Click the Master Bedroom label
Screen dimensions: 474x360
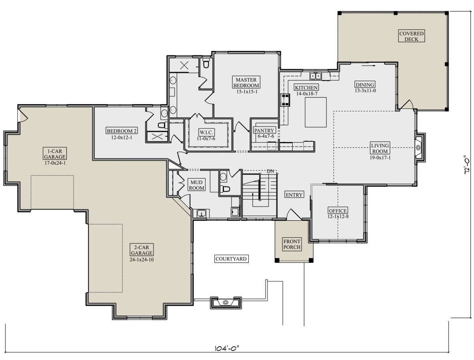pos(246,82)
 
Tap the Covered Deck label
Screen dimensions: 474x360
pos(411,36)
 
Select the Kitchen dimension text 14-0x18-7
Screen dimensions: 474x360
pos(306,94)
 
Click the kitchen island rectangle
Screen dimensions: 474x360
pos(316,112)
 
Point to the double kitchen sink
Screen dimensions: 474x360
pos(316,76)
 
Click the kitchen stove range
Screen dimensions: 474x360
pos(285,99)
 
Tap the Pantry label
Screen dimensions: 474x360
pos(264,130)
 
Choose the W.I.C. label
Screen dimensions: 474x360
pos(206,132)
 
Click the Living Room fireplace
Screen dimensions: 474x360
pos(418,148)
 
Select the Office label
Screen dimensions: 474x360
pos(338,210)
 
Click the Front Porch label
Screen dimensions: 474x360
pos(292,244)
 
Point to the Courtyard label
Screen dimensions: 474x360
pos(231,259)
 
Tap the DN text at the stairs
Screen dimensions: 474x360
pos(270,171)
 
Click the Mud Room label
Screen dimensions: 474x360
pos(196,185)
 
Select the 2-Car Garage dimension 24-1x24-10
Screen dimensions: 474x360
pos(142,259)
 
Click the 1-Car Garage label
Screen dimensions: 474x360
pos(55,154)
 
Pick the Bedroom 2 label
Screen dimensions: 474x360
pos(122,131)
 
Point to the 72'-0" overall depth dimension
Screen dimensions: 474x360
pos(466,165)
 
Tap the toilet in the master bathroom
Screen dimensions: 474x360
pos(206,63)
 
